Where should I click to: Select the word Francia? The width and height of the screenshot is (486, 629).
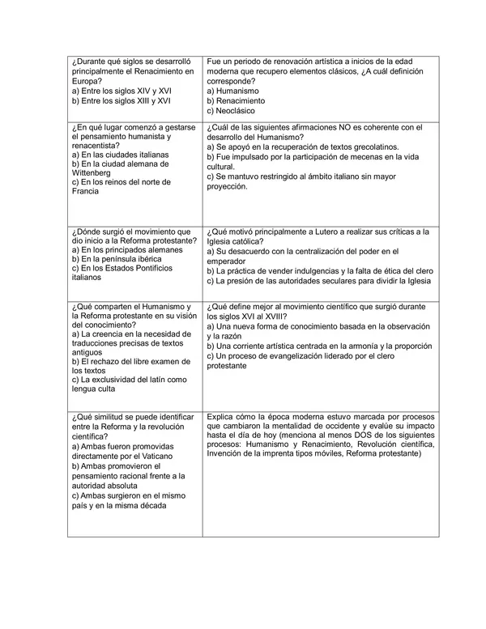point(86,191)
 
